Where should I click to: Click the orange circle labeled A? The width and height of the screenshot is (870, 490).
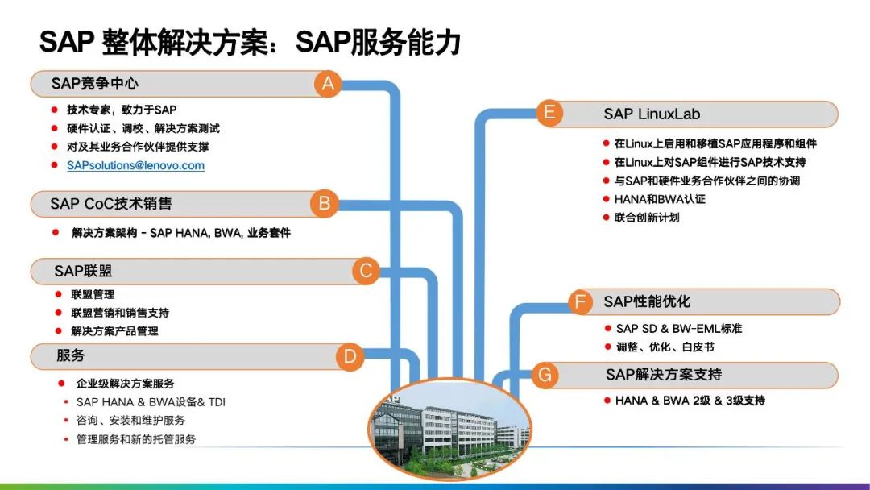click(x=327, y=84)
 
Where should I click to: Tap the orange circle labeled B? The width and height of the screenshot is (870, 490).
click(x=325, y=203)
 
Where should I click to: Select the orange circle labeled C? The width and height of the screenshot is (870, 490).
click(x=366, y=271)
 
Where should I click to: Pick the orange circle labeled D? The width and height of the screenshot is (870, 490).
click(x=349, y=355)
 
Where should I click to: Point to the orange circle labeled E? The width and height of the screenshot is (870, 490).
click(x=549, y=113)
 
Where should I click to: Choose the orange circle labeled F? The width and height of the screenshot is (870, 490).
click(x=580, y=302)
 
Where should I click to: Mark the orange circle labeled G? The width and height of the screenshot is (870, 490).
click(x=545, y=375)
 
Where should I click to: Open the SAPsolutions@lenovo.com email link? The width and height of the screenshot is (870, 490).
click(x=135, y=165)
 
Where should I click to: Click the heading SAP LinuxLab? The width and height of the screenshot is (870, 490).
click(x=652, y=114)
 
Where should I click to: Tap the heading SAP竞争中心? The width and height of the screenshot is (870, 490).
click(x=95, y=84)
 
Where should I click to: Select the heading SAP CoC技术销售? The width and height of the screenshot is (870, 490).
click(x=110, y=203)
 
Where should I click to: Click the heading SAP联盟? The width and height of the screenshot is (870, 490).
click(x=83, y=271)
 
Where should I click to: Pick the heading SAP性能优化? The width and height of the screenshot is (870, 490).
click(x=647, y=302)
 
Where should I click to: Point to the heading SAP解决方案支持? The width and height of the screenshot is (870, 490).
click(x=663, y=375)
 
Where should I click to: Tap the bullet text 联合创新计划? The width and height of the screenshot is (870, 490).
click(x=647, y=217)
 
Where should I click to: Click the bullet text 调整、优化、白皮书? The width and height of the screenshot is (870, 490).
click(x=665, y=347)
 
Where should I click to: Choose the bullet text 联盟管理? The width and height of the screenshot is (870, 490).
click(x=93, y=294)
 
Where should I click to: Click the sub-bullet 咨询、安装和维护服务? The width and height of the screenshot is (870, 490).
click(x=130, y=420)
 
